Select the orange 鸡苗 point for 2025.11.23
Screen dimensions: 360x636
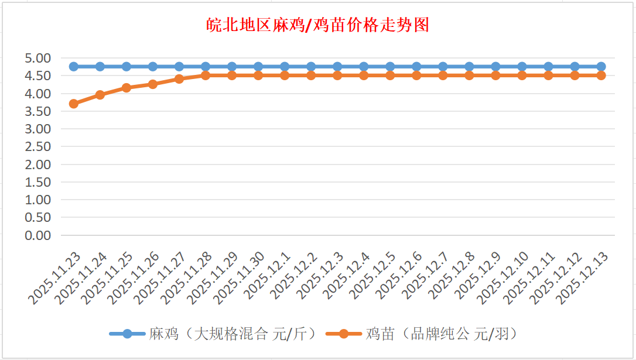(74, 104)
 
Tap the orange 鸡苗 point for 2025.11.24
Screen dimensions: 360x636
(100, 95)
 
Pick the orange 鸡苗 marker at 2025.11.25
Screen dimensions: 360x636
(126, 88)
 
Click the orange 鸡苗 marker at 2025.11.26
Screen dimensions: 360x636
(153, 84)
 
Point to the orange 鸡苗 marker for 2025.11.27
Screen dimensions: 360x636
(179, 79)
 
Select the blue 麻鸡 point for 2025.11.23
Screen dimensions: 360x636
(74, 67)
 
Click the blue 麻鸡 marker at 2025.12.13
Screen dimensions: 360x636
(601, 67)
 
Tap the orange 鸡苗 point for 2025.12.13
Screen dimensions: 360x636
(601, 76)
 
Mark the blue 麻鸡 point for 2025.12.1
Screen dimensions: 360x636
(285, 67)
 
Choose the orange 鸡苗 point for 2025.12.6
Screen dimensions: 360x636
(416, 76)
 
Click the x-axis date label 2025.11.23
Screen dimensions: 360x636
(56, 278)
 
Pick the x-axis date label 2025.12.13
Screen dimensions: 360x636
(583, 278)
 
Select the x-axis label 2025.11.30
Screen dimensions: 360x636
(240, 278)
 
